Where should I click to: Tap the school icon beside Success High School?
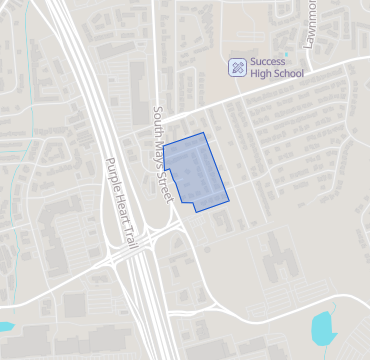(237, 67)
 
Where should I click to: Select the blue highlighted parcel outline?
(195, 171)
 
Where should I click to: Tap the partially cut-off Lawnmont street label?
(309, 20)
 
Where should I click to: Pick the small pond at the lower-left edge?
(5, 326)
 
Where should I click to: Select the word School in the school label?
(286, 73)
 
